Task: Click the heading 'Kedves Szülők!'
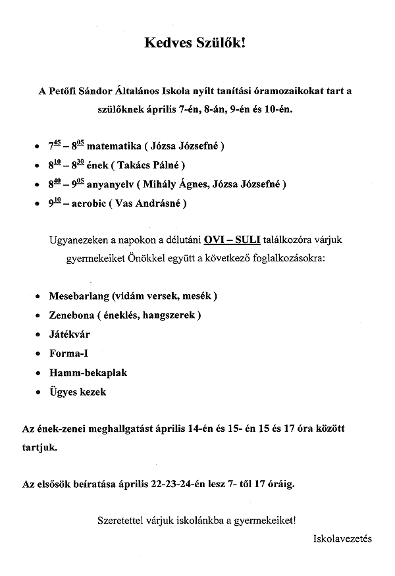pos(197,44)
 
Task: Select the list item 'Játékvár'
pos(70,334)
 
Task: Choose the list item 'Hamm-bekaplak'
pos(88,373)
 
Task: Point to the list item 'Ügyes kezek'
pos(77,392)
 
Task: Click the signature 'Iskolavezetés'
pos(343,538)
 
